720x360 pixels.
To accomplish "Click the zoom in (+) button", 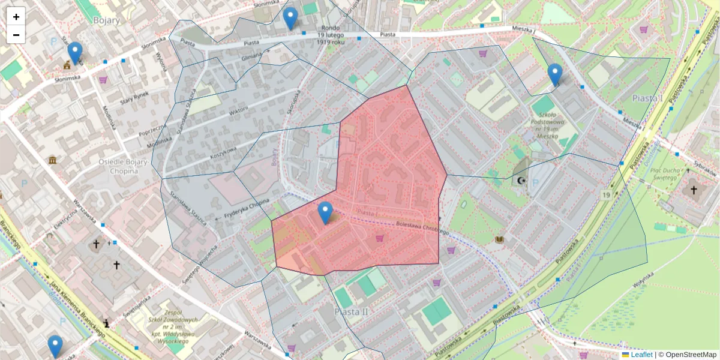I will click(16, 16).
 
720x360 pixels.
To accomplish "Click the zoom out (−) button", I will click(16, 35).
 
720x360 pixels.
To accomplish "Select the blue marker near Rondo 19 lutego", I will click(290, 19).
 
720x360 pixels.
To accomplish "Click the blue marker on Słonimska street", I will click(75, 53).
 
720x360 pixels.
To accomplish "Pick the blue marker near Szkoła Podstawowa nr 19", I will click(555, 74).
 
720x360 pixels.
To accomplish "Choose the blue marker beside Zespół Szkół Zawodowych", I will click(55, 346).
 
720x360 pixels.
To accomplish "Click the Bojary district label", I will click(107, 20).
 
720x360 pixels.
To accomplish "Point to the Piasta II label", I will click(350, 312).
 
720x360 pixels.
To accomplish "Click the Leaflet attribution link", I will click(641, 355).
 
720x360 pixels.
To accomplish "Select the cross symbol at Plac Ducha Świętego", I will click(694, 190).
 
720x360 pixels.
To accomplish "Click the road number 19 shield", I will click(607, 196).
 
